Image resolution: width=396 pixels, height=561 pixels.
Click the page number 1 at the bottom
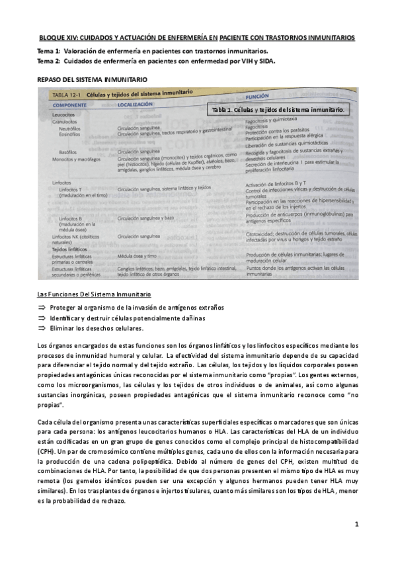pyautogui.click(x=356, y=525)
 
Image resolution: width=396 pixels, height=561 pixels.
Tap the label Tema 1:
pyautogui.click(x=48, y=50)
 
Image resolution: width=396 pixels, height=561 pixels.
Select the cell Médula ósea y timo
pyautogui.click(x=137, y=255)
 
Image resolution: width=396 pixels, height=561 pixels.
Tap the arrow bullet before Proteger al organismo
pyautogui.click(x=43, y=308)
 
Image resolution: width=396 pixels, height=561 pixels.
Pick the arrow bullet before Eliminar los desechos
pyautogui.click(x=43, y=328)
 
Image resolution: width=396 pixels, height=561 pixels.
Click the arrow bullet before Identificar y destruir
pyautogui.click(x=43, y=318)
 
